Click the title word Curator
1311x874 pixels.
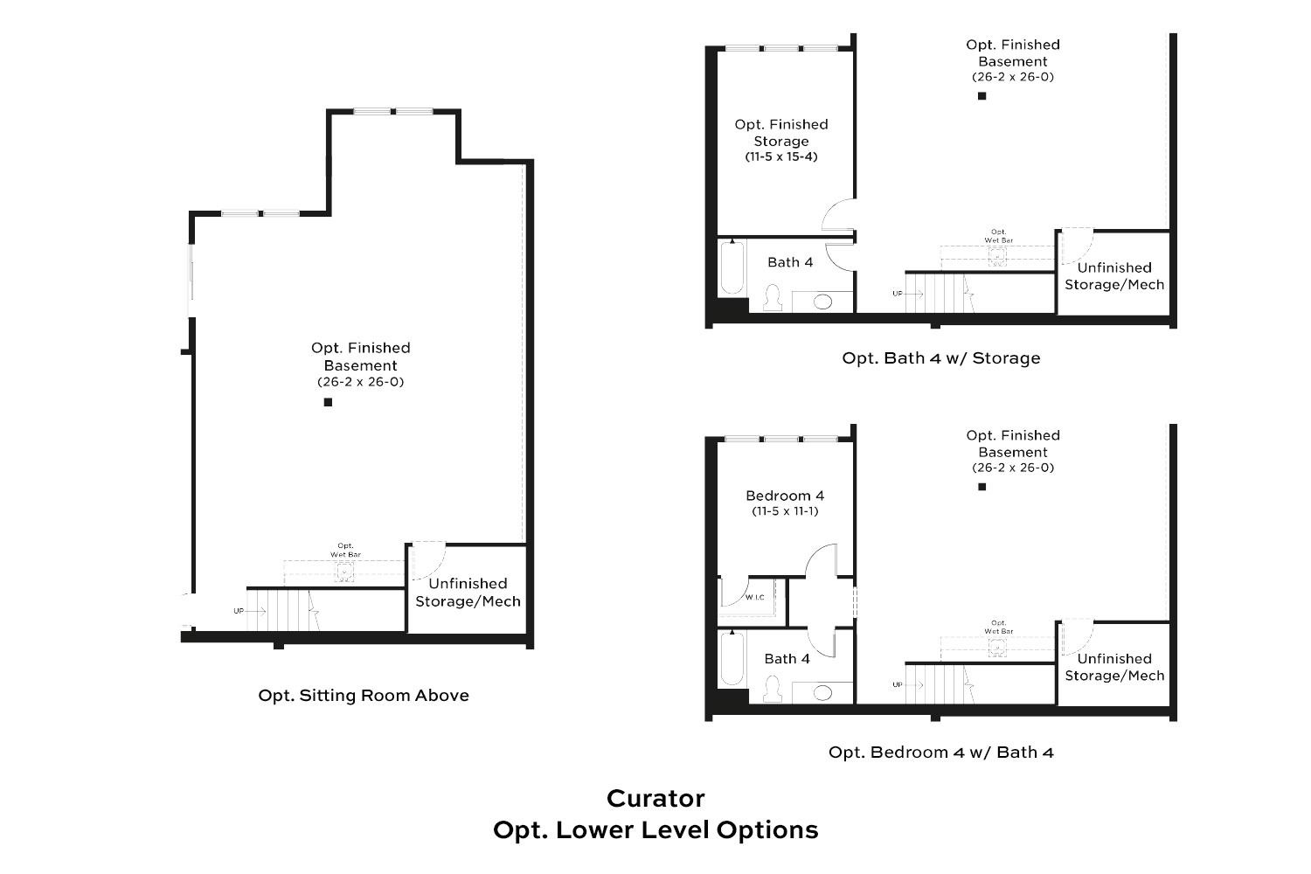(x=655, y=798)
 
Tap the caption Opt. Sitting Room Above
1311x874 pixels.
(x=364, y=696)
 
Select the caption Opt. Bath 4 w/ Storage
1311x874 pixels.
(x=941, y=357)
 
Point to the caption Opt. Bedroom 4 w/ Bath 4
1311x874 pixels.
(x=941, y=753)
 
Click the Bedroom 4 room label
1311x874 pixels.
(x=785, y=496)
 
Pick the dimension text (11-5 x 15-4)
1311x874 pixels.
(x=781, y=157)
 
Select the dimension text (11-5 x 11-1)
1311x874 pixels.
(x=785, y=511)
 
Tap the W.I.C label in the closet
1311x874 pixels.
(x=755, y=598)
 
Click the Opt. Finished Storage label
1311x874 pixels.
(x=781, y=133)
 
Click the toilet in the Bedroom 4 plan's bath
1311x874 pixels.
(x=772, y=690)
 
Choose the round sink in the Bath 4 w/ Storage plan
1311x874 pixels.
(x=822, y=302)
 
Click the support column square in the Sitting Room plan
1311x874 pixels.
(x=329, y=402)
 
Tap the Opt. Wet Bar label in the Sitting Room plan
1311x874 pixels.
(x=345, y=550)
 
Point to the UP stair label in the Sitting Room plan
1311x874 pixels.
(x=239, y=611)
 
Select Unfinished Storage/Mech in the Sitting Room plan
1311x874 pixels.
(x=468, y=593)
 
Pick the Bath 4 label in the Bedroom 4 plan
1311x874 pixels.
(x=787, y=659)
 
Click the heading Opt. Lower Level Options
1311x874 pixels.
(x=655, y=829)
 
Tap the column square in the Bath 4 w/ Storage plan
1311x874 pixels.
(x=982, y=96)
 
